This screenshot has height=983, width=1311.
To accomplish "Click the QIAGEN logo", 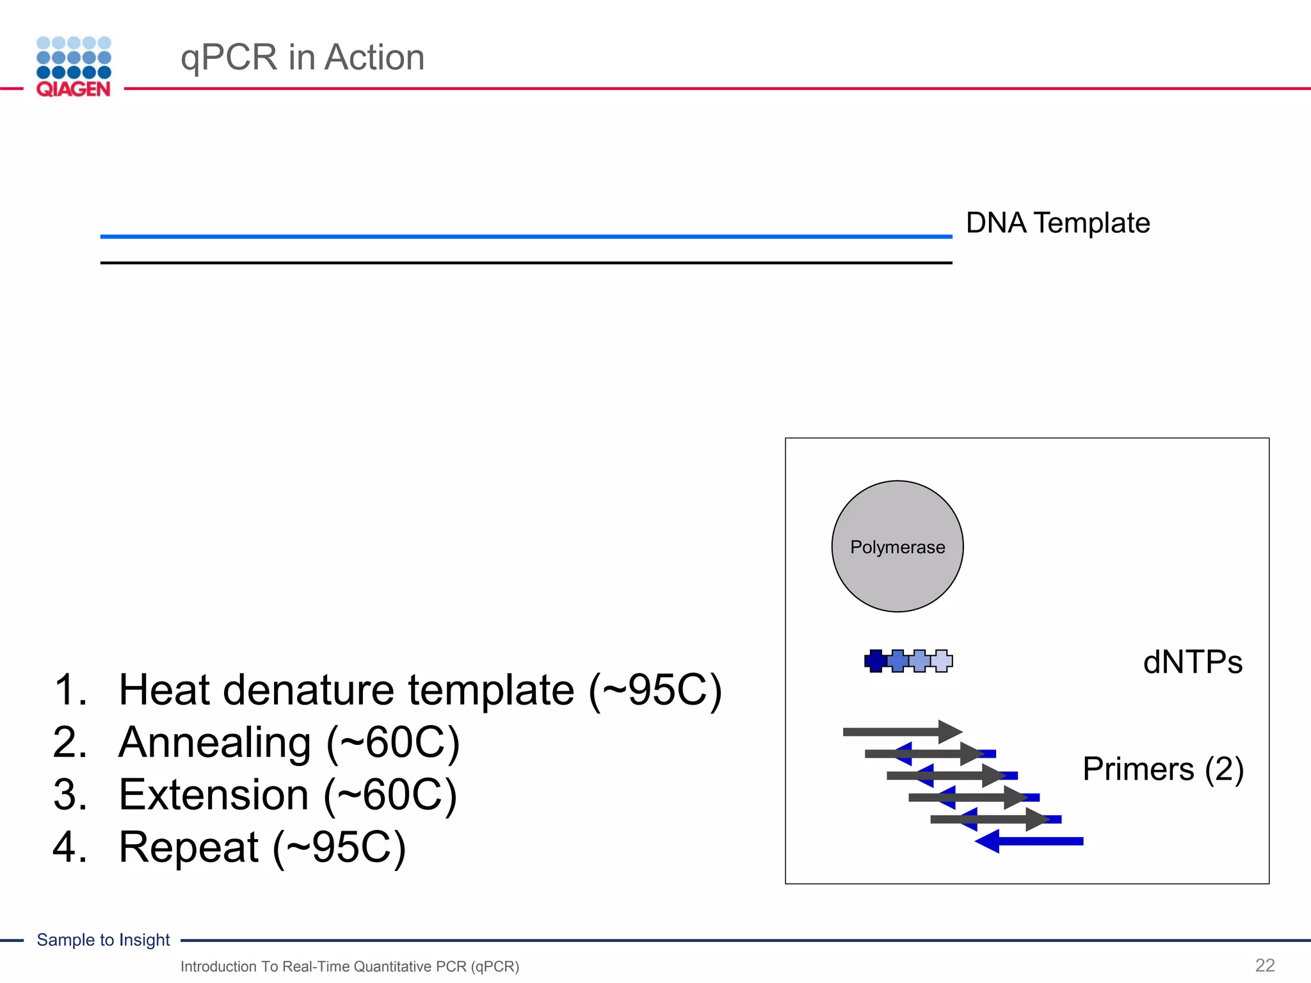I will tap(74, 67).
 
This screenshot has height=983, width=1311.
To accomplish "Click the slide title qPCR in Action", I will tap(302, 57).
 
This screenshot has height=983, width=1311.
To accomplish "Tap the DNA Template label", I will tap(1058, 223).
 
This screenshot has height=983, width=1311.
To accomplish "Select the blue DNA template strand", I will tap(525, 236).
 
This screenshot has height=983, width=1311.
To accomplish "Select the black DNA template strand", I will tap(525, 262).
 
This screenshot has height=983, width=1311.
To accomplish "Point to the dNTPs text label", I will tap(1192, 662).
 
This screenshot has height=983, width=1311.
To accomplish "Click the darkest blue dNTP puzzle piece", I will tap(875, 660).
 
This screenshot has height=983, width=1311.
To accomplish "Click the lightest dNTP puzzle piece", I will tap(942, 660).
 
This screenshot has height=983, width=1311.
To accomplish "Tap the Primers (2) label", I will tap(1162, 769).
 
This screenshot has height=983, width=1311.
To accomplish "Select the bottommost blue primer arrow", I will tap(1031, 841).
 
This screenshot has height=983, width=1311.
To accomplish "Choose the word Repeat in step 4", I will tap(188, 847).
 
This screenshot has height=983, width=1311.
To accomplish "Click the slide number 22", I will tap(1264, 965).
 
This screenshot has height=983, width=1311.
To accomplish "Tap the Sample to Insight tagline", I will tap(103, 939).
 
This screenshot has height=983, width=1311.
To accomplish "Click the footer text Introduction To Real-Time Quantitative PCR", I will tap(350, 966).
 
